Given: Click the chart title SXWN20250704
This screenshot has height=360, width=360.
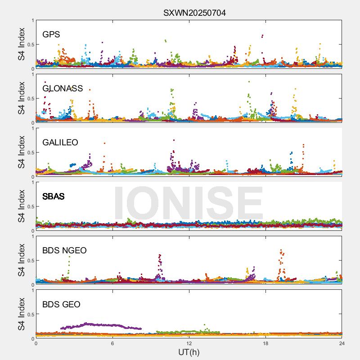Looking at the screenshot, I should (194, 13).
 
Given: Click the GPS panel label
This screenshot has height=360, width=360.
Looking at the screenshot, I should (51, 34).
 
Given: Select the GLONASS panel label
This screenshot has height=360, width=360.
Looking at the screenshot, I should (63, 88).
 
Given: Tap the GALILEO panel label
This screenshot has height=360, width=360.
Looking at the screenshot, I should (60, 142).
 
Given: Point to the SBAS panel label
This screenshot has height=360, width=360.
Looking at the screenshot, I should (54, 196).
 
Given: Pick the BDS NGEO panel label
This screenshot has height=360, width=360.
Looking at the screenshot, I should (64, 250).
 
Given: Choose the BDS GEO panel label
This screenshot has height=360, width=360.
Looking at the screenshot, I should (61, 304).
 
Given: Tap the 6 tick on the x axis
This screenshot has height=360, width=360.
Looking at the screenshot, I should (112, 343).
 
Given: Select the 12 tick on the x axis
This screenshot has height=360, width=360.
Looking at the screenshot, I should (189, 343).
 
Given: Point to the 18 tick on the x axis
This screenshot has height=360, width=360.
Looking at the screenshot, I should (265, 343).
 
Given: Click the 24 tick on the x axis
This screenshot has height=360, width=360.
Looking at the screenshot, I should (342, 343).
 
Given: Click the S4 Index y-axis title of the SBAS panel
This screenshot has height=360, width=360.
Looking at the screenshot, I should (22, 207).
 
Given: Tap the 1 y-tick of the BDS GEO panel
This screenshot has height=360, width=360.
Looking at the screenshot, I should (32, 291).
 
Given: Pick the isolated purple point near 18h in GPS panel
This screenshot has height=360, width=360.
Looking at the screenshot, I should (262, 36).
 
